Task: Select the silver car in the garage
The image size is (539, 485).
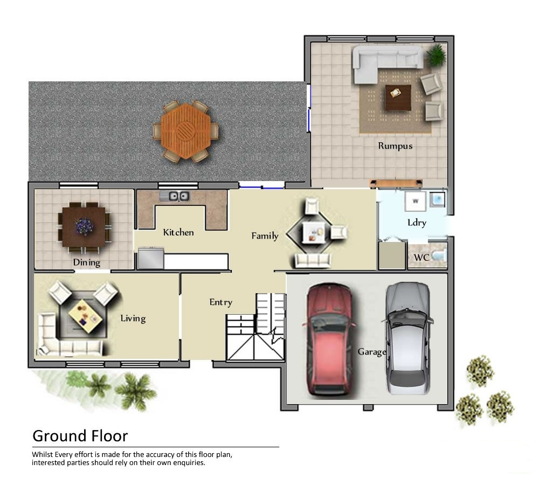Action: click(x=407, y=338)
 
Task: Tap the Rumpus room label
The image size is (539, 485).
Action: click(x=395, y=146)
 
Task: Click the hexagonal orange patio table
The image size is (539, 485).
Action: click(x=185, y=130)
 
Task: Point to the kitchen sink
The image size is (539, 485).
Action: click(x=174, y=196)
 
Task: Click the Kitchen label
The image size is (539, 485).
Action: click(x=178, y=232)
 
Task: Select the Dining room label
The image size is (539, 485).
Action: click(x=87, y=262)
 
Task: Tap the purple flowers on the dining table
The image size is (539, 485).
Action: click(x=84, y=226)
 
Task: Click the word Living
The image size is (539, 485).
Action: click(x=133, y=318)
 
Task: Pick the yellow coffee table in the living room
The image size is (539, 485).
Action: click(x=85, y=316)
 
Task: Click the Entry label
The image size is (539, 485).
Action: click(x=220, y=302)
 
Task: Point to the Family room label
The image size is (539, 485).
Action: click(x=265, y=236)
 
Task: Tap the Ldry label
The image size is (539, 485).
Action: click(x=417, y=223)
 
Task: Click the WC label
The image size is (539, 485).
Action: click(x=421, y=258)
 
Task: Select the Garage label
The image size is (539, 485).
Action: click(x=372, y=352)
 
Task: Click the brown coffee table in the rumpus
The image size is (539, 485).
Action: click(x=398, y=98)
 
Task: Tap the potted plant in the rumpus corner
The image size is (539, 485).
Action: click(x=436, y=54)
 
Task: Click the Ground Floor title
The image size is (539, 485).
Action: click(x=80, y=436)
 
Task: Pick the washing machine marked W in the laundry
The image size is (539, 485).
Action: click(x=415, y=201)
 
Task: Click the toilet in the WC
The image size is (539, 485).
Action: click(x=439, y=256)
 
